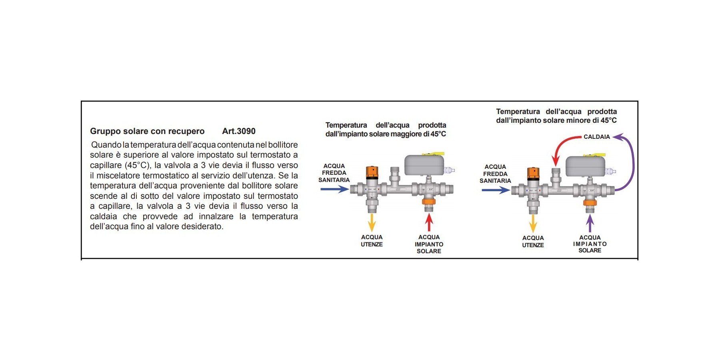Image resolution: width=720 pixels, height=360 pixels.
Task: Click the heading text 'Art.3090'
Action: pyautogui.click(x=239, y=131)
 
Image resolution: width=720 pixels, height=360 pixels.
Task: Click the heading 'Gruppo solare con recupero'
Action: pyautogui.click(x=147, y=131)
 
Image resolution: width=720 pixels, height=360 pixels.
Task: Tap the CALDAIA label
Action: pyautogui.click(x=596, y=137)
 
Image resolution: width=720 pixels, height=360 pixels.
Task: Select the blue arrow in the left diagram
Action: pyautogui.click(x=334, y=189)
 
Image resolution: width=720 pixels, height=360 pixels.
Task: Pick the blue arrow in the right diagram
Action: pyautogui.click(x=495, y=190)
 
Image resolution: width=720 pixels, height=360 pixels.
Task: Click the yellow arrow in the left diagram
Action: pyautogui.click(x=372, y=222)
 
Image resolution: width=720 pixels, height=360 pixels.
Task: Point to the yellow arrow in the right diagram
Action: pyautogui.click(x=533, y=223)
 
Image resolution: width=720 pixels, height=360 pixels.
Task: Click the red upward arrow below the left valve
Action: pyautogui.click(x=429, y=222)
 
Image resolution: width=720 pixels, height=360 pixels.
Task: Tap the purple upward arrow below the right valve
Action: pyautogui.click(x=590, y=223)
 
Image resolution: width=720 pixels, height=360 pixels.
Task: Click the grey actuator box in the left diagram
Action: pyautogui.click(x=424, y=165)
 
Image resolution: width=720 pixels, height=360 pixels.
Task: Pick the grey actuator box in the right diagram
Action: pyautogui.click(x=585, y=166)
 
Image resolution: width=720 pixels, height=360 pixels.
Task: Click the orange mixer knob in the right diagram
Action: pyautogui.click(x=533, y=173)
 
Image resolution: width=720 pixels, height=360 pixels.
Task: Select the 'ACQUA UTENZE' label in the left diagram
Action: pyautogui.click(x=372, y=241)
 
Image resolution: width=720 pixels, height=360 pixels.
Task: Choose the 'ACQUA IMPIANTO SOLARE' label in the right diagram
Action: pyautogui.click(x=590, y=244)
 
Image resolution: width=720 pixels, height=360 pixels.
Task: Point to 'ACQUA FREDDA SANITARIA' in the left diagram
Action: pyautogui.click(x=334, y=173)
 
